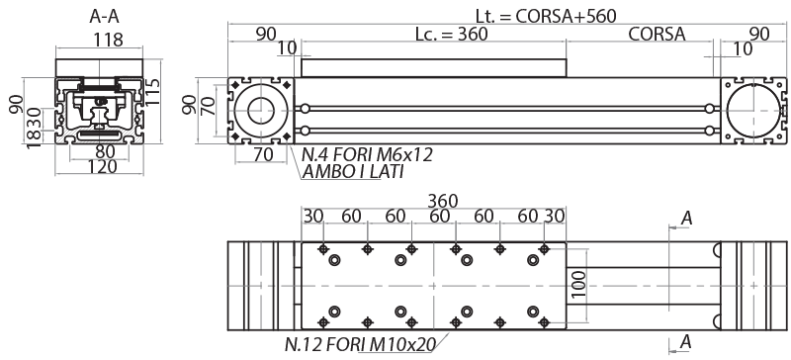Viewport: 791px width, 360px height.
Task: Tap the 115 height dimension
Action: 152,92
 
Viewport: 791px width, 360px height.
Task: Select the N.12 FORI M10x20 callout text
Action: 362,345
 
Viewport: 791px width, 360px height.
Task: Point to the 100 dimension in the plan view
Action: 580,282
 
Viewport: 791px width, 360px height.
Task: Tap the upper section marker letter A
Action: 685,218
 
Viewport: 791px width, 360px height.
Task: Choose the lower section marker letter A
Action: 685,343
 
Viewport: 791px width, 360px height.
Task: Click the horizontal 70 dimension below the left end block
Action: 263,154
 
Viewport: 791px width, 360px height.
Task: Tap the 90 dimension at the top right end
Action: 759,33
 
